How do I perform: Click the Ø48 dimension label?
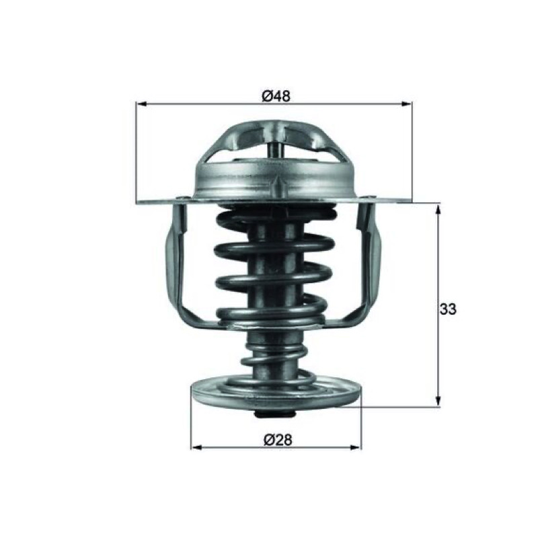[x=276, y=96]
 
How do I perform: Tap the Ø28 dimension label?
[x=278, y=440]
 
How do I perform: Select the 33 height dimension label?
[x=448, y=309]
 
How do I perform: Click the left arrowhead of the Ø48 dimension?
[x=142, y=104]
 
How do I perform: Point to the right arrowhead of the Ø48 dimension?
[x=407, y=104]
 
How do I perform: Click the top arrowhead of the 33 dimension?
[x=438, y=209]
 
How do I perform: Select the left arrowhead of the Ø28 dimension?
[x=196, y=447]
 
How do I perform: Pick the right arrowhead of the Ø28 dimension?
[x=356, y=447]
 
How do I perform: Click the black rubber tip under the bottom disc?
[x=275, y=415]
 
